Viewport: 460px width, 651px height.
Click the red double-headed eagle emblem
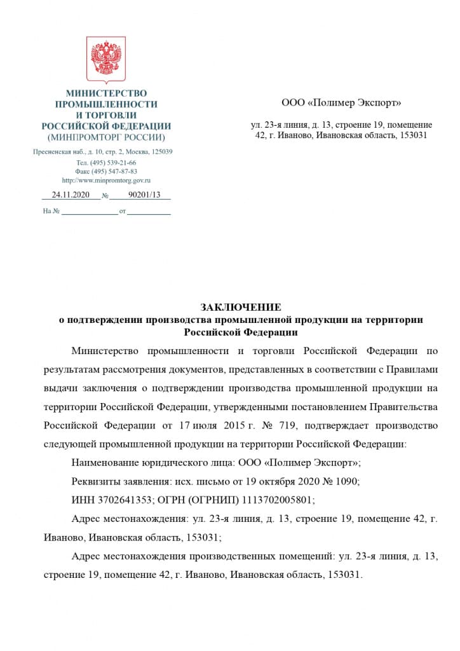click(x=106, y=60)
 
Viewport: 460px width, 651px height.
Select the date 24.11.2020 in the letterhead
click(x=71, y=195)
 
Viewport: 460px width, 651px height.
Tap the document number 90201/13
click(x=144, y=195)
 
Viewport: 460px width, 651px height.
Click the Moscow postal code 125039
click(x=161, y=152)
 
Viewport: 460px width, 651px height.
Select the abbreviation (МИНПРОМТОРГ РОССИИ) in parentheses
click(x=106, y=137)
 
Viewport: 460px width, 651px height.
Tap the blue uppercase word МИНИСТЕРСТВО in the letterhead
click(x=106, y=93)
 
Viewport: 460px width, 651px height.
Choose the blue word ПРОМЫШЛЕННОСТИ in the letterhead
click(x=106, y=104)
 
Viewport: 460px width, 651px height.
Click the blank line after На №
click(x=88, y=212)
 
